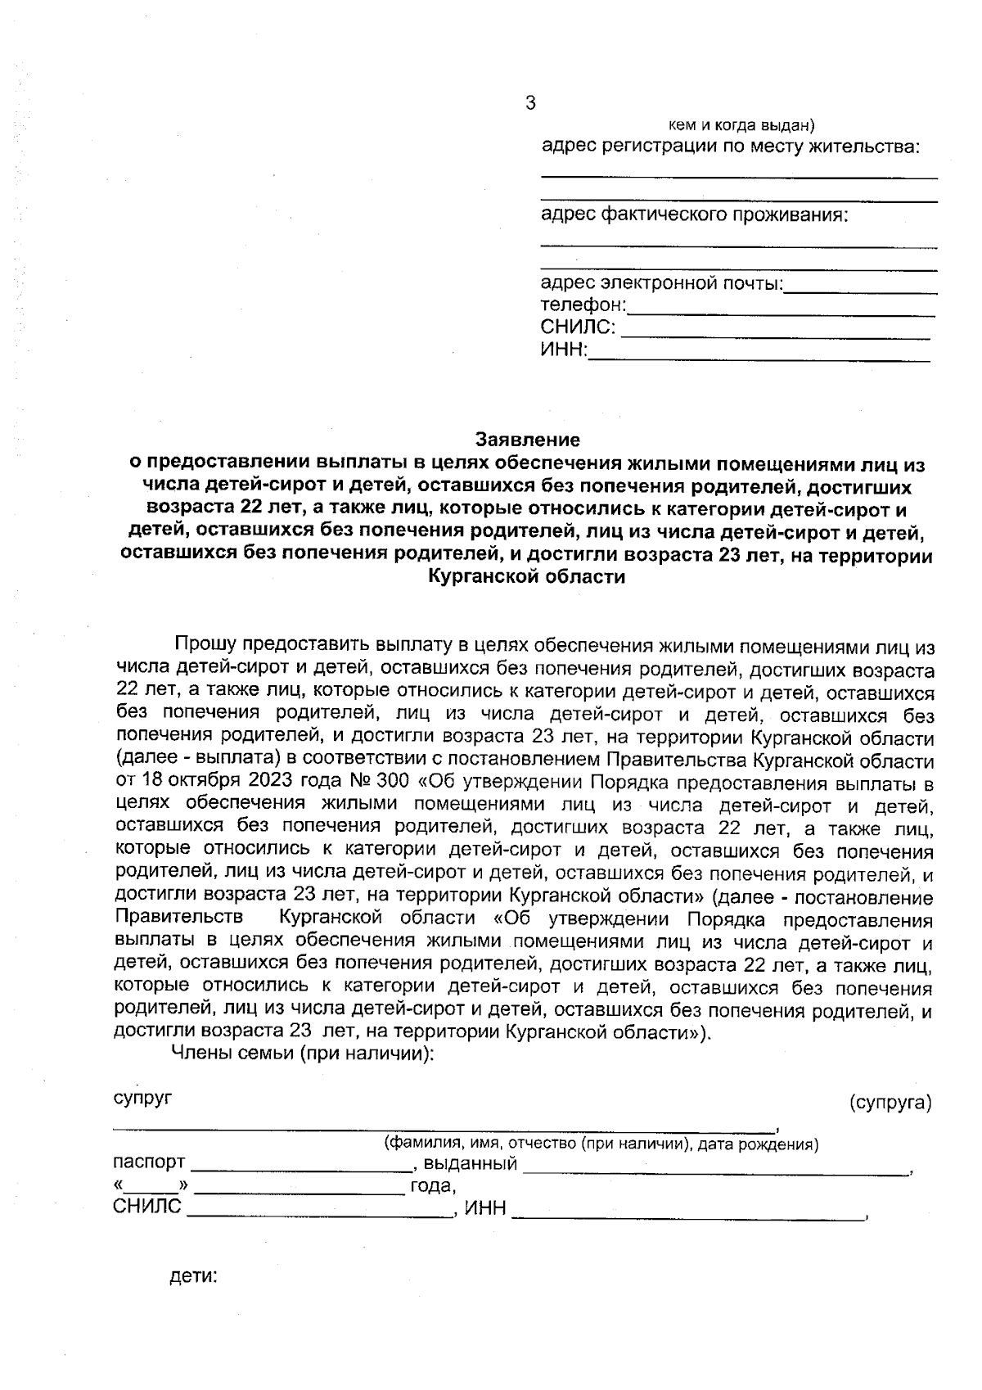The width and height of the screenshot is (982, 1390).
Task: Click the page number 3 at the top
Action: [529, 103]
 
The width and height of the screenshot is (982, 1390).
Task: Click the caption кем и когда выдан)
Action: [741, 125]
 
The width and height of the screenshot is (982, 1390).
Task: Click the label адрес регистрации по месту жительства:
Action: [731, 147]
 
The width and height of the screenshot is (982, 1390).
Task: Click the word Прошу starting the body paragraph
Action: [205, 647]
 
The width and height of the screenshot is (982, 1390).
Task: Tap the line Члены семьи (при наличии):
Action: [300, 1053]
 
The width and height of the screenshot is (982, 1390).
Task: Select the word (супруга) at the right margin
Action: [890, 1103]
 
